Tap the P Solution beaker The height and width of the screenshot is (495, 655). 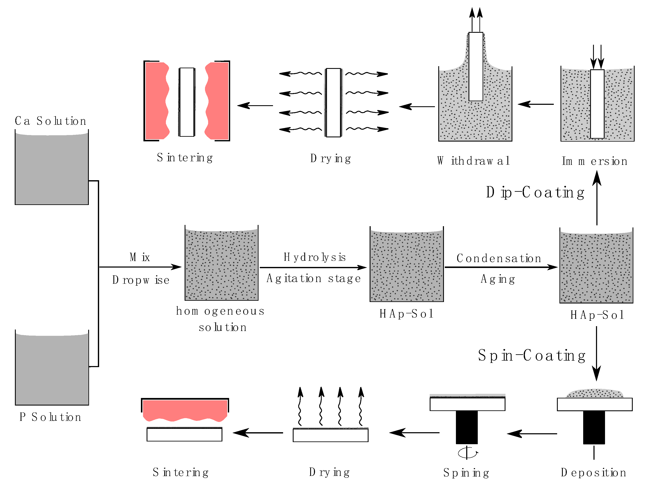pyautogui.click(x=52, y=369)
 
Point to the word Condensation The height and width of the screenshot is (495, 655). pyautogui.click(x=499, y=258)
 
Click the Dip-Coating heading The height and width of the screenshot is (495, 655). pyautogui.click(x=535, y=192)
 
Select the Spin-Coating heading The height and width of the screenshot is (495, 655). pyautogui.click(x=532, y=356)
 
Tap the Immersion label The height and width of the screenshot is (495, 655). pyautogui.click(x=594, y=161)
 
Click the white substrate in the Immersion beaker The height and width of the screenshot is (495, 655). pyautogui.click(x=597, y=104)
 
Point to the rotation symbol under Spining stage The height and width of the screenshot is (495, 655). pyautogui.click(x=467, y=453)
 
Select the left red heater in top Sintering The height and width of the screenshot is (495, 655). pyautogui.click(x=157, y=101)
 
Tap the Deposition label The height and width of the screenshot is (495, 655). pyautogui.click(x=593, y=473)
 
